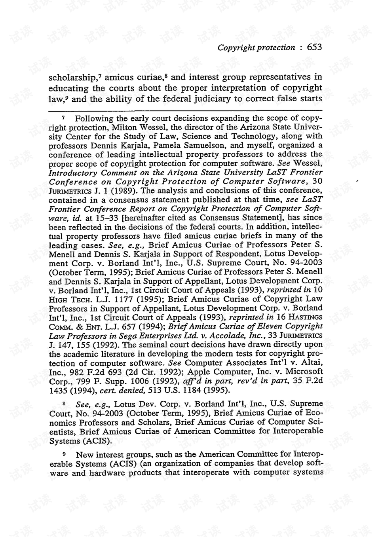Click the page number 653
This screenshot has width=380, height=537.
314,47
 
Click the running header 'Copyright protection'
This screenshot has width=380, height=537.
256,48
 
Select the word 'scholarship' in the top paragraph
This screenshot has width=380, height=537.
72,78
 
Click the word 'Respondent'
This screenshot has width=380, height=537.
239,254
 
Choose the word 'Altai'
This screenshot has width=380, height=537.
312,363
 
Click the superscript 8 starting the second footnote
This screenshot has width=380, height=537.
64,403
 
